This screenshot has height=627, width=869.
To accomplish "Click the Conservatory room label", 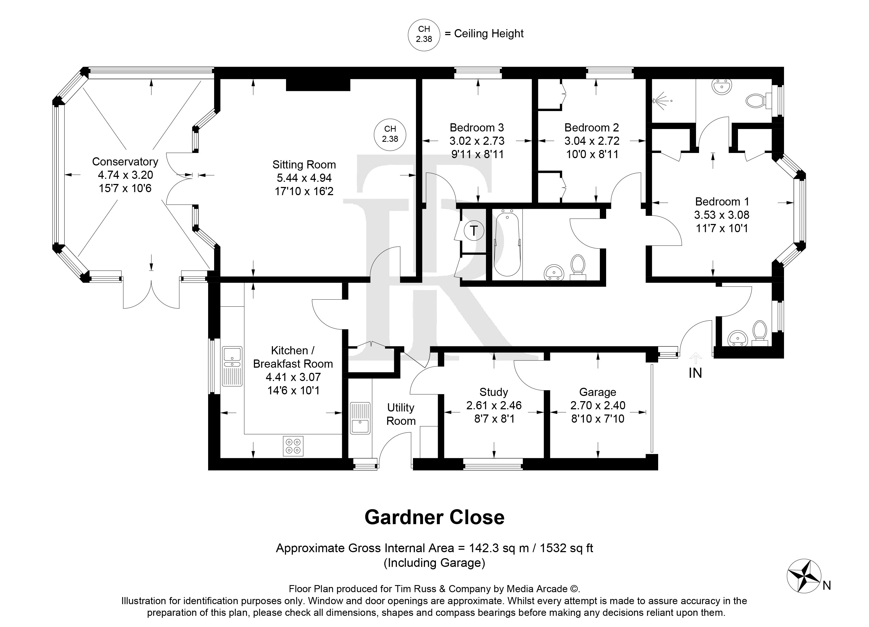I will [125, 162].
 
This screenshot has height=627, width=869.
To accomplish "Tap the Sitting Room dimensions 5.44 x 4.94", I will [304, 178].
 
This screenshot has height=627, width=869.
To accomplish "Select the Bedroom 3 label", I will [477, 127].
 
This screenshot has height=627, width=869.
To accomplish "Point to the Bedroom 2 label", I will [592, 127].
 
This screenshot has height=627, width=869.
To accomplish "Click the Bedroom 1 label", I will [722, 202].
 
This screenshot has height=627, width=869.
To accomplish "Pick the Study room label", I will [494, 392].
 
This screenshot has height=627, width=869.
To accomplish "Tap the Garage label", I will [597, 392].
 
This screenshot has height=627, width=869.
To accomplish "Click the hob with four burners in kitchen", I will [293, 446].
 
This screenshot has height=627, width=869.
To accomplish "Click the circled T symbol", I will [474, 231].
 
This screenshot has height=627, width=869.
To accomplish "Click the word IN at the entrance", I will [695, 373].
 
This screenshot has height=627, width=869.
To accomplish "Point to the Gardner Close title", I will [434, 518].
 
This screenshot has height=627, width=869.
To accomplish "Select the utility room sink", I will [360, 418].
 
